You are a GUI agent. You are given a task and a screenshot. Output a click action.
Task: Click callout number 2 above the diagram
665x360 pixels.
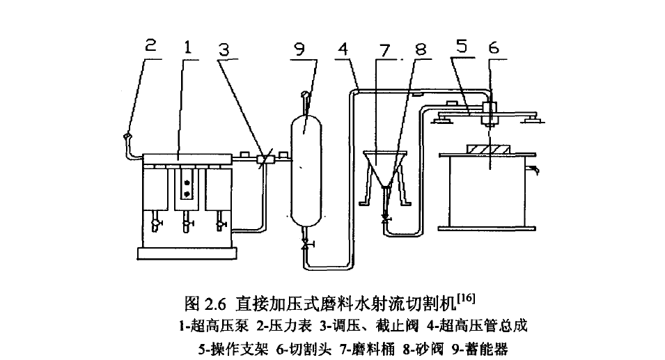click(150, 47)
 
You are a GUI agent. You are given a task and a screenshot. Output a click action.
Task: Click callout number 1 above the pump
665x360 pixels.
click(187, 47)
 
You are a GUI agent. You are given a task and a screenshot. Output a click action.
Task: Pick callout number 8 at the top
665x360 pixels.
click(422, 48)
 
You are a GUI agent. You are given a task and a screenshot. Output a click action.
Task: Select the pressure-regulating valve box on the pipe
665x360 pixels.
click(263, 159)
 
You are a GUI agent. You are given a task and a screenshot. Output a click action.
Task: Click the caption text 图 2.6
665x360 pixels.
click(207, 303)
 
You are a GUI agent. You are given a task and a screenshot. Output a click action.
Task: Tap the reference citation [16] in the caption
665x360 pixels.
click(466, 299)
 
